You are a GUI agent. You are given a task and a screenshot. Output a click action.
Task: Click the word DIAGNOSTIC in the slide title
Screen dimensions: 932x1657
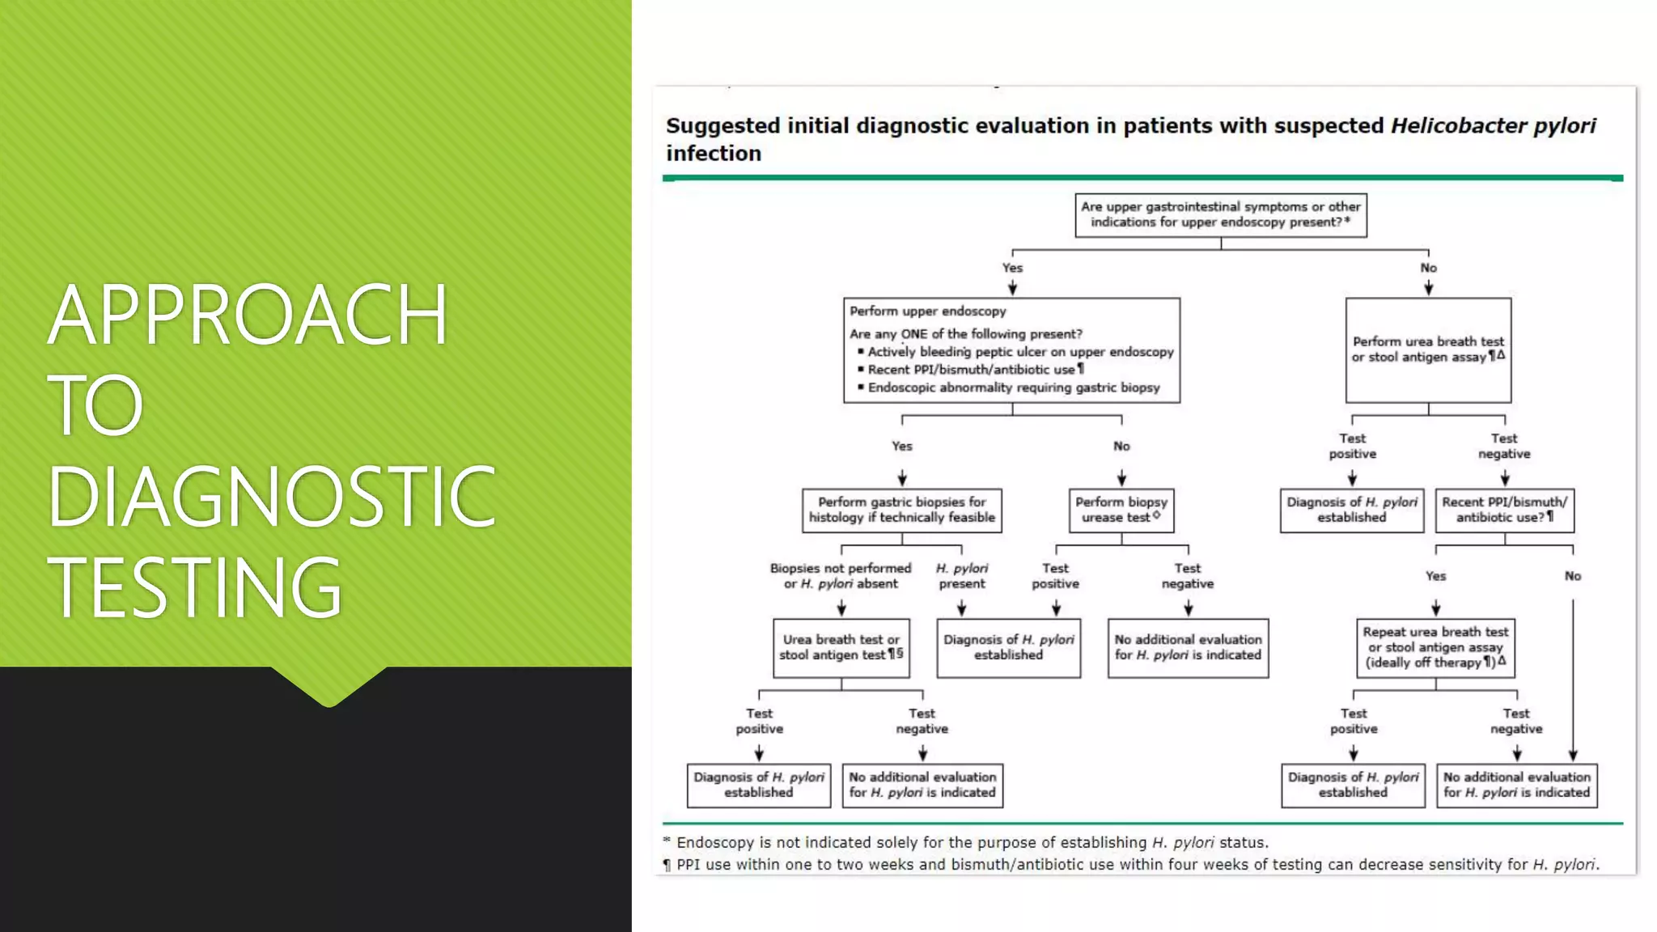pyautogui.click(x=272, y=496)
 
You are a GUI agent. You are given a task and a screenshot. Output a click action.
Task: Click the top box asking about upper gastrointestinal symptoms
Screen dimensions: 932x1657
pyautogui.click(x=1220, y=215)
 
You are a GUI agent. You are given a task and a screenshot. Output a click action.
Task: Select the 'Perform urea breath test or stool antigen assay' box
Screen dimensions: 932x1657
pyautogui.click(x=1428, y=349)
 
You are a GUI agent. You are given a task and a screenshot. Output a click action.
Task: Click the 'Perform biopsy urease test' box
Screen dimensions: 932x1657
pyautogui.click(x=1121, y=510)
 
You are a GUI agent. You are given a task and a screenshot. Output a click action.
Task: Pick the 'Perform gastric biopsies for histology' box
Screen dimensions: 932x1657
pyautogui.click(x=901, y=510)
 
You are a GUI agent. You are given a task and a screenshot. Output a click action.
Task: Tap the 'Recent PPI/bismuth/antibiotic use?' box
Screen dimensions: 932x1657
pyautogui.click(x=1504, y=510)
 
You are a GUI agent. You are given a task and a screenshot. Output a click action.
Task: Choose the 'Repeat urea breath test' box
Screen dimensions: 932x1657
pyautogui.click(x=1435, y=647)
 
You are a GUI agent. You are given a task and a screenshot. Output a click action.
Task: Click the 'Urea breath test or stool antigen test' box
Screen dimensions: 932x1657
pyautogui.click(x=841, y=647)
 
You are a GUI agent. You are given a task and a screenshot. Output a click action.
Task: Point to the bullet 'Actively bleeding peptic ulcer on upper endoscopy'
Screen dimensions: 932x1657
pyautogui.click(x=1019, y=352)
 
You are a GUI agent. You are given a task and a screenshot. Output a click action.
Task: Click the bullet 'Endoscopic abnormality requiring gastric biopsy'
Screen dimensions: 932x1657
pyautogui.click(x=1013, y=388)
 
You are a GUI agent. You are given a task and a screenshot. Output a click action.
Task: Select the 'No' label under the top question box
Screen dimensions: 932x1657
pyautogui.click(x=1429, y=268)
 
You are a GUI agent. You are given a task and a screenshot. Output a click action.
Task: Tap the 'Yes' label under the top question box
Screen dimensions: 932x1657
pyautogui.click(x=1012, y=268)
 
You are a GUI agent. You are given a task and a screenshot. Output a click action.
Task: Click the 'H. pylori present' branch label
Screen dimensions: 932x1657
pyautogui.click(x=962, y=576)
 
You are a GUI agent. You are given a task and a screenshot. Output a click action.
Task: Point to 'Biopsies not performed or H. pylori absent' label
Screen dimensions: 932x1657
pyautogui.click(x=841, y=576)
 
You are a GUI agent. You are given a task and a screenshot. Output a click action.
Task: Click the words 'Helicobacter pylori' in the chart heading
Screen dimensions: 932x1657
pyautogui.click(x=1493, y=126)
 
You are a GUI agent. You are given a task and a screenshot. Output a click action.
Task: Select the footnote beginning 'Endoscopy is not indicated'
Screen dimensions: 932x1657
pyautogui.click(x=971, y=842)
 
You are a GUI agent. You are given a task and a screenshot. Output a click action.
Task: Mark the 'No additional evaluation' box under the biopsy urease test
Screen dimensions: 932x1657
pyautogui.click(x=1188, y=647)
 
